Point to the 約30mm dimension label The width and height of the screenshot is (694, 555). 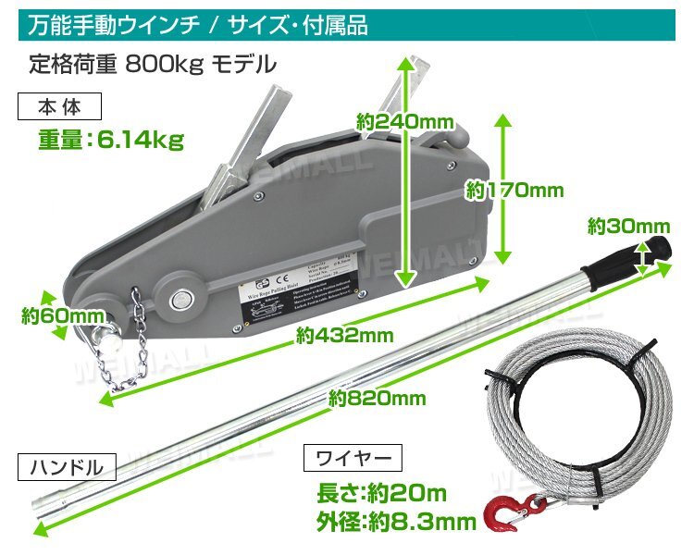point(627,226)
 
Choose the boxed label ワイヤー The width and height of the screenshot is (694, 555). point(353,457)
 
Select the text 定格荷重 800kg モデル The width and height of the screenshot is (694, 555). point(153,65)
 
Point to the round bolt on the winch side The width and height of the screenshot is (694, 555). point(181,299)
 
